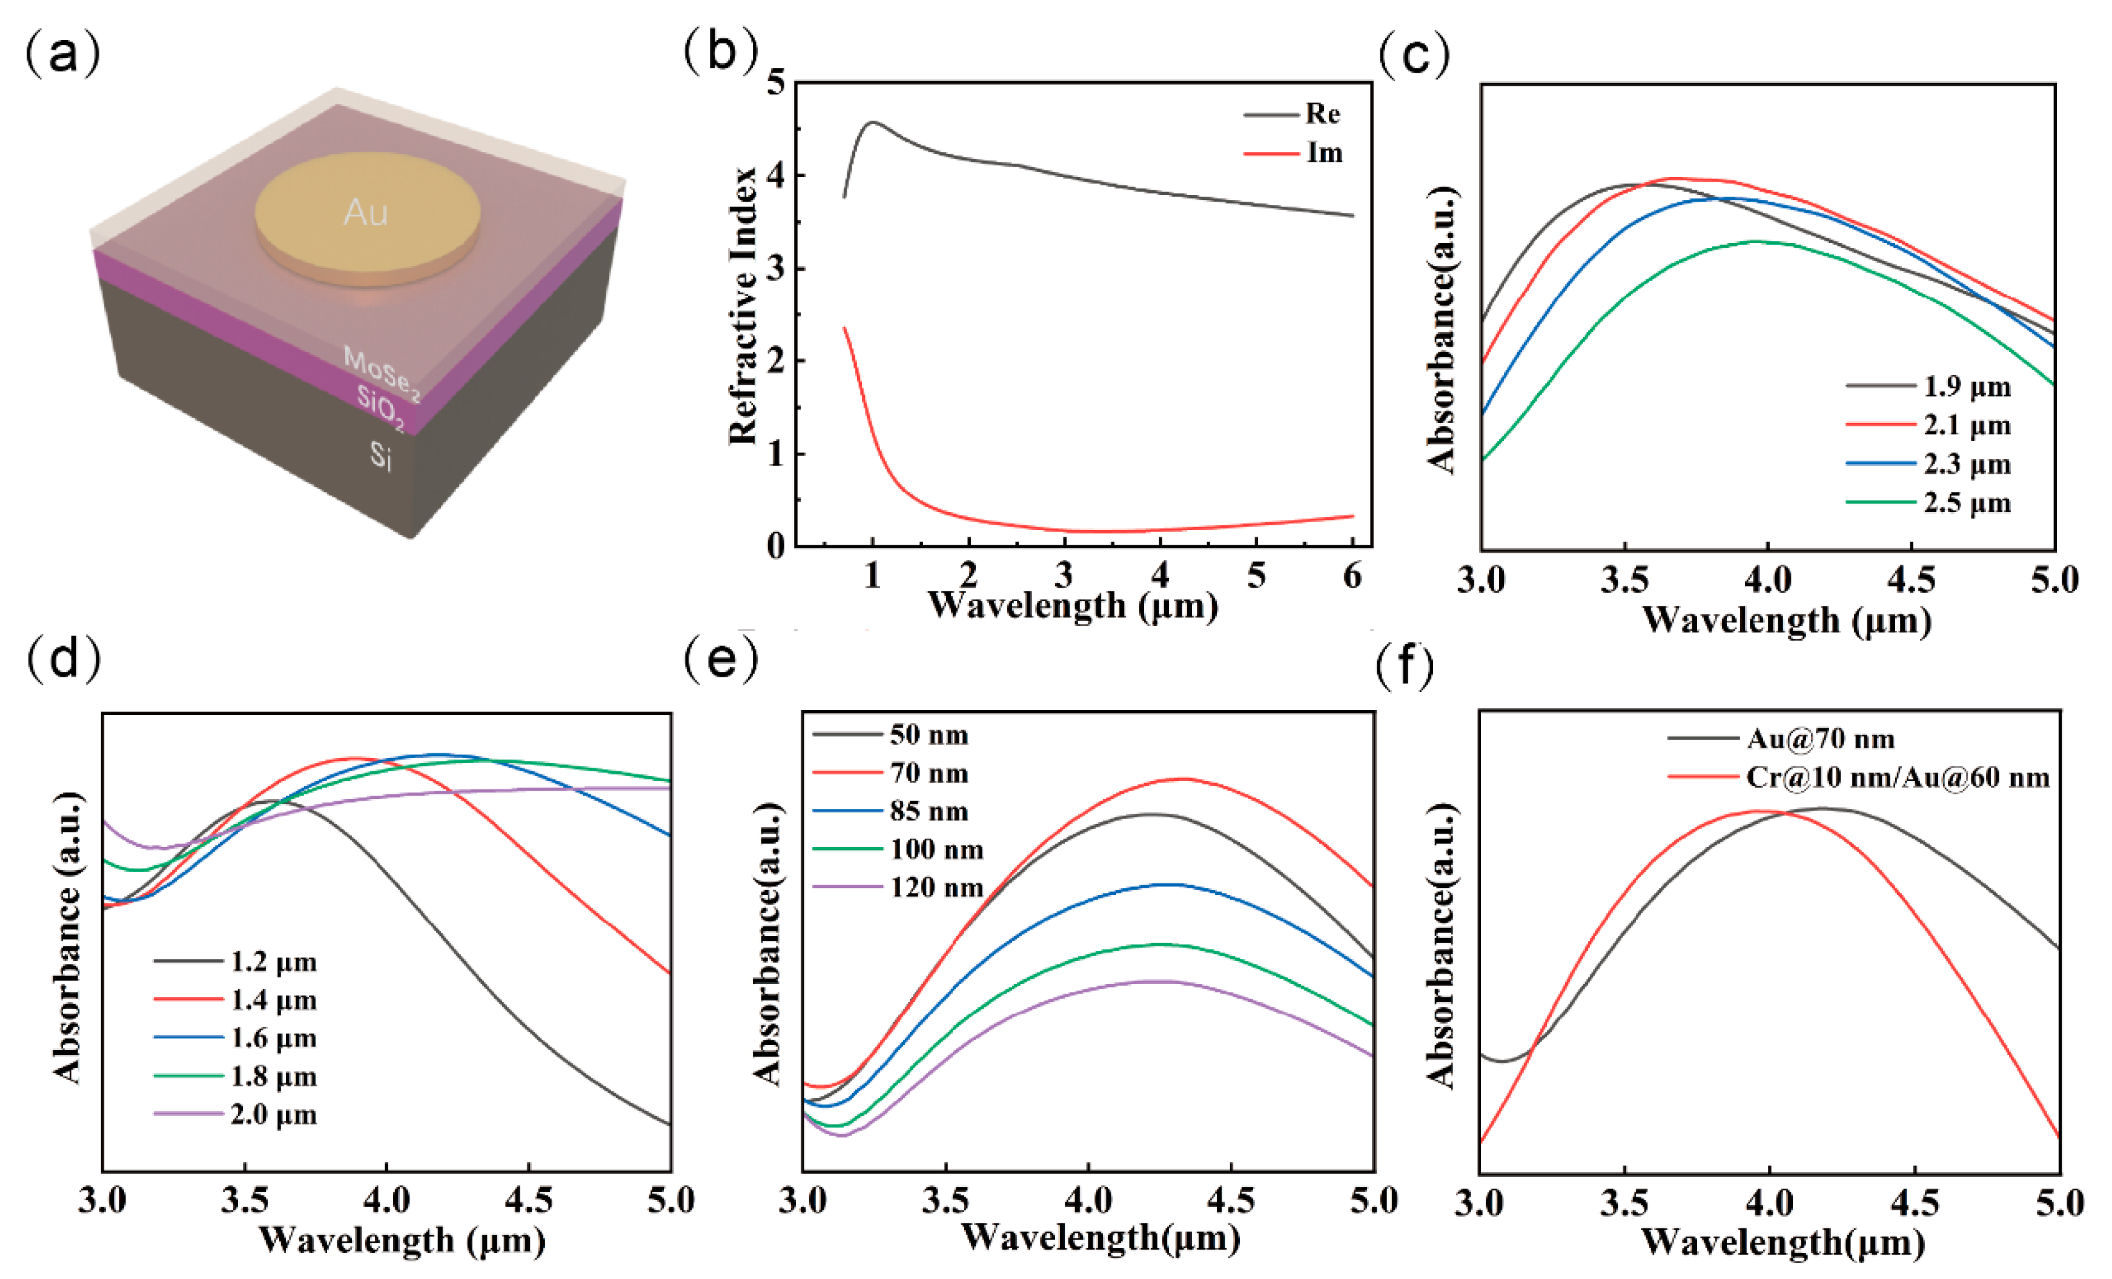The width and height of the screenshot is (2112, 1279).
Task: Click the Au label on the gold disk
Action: (x=366, y=211)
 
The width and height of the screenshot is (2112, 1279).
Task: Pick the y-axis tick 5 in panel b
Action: (x=776, y=83)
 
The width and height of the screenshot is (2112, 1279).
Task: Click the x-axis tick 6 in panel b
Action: (x=1352, y=575)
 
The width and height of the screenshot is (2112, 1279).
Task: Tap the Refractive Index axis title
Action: (x=743, y=306)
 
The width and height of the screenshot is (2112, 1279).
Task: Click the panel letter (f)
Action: (x=1406, y=666)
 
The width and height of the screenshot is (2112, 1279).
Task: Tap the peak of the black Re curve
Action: (x=873, y=122)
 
